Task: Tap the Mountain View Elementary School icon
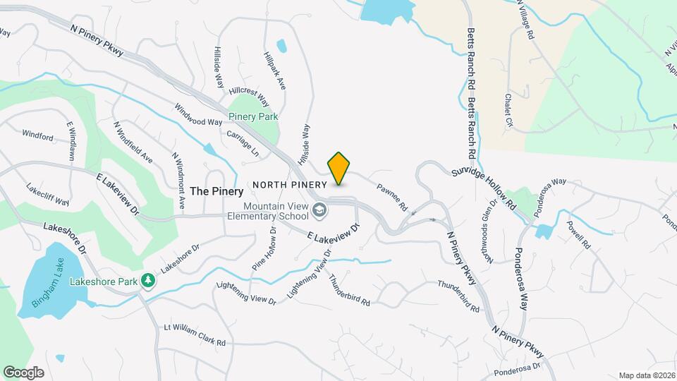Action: tap(319, 210)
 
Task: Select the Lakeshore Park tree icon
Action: tap(148, 281)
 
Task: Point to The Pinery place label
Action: tap(216, 191)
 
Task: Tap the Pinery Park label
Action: tap(253, 116)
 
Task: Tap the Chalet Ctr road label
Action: tap(508, 111)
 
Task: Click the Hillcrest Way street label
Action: tap(249, 97)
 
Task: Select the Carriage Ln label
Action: tap(243, 143)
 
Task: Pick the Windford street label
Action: tap(37, 135)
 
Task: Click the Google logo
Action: tap(23, 372)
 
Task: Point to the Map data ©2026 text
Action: tap(646, 375)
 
